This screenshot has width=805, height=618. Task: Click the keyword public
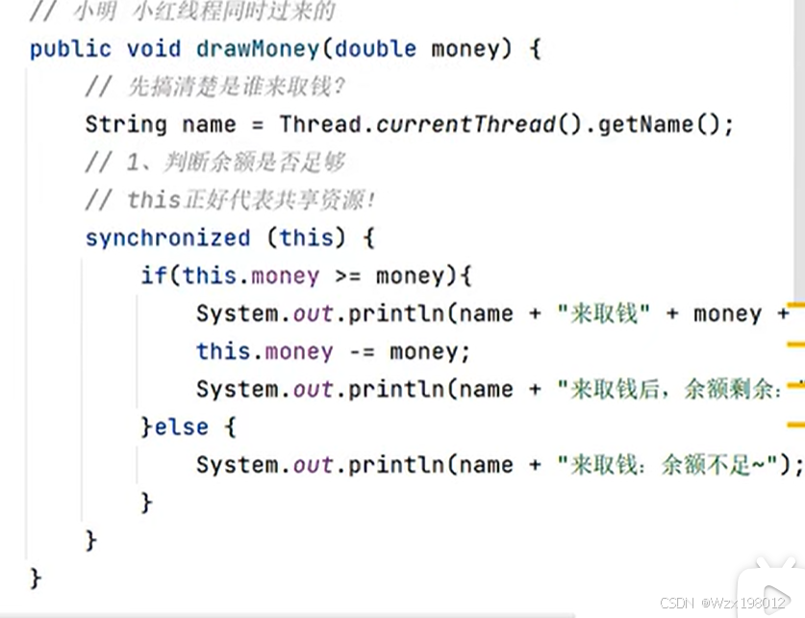tap(70, 49)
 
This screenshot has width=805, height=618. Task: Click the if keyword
tap(153, 276)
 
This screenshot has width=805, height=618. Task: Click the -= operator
tap(361, 351)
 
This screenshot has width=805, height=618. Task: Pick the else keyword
tap(181, 426)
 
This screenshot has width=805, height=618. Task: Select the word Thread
tap(320, 124)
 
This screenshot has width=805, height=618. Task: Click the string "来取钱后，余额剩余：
tap(673, 389)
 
